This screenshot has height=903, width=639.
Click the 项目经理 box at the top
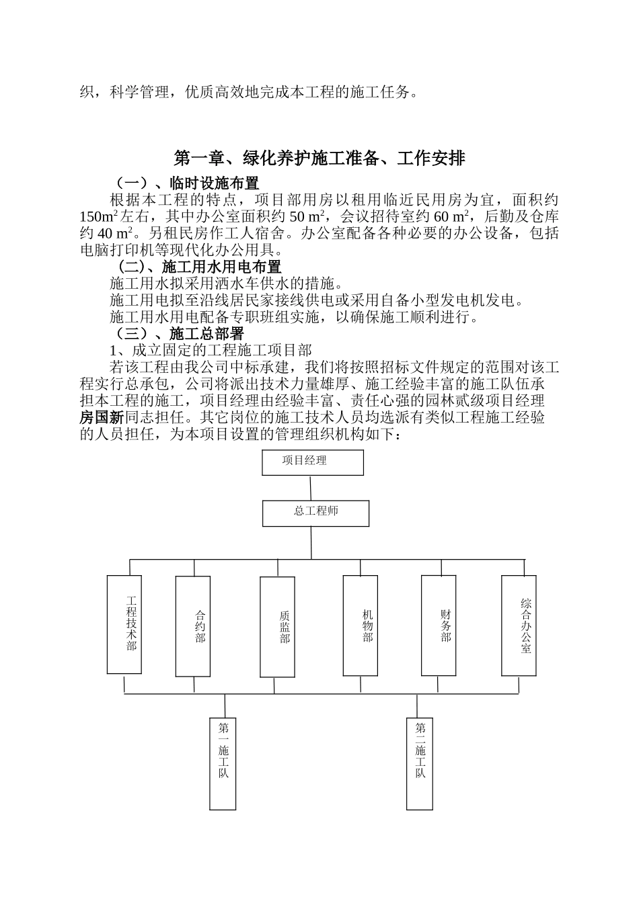point(313,462)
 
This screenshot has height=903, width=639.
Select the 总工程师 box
point(315,513)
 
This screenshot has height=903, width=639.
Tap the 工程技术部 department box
point(124,624)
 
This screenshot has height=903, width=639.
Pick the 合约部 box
point(192,626)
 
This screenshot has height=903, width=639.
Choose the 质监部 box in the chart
point(277,626)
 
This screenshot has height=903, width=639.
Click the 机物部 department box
point(360,625)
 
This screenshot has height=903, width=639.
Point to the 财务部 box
point(439,625)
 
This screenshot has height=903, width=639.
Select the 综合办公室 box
point(519,625)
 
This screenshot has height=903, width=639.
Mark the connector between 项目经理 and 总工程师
point(311,488)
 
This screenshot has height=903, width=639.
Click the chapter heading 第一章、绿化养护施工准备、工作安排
point(319,159)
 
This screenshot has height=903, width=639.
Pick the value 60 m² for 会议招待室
point(451,217)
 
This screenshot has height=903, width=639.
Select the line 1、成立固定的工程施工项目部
point(210,351)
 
